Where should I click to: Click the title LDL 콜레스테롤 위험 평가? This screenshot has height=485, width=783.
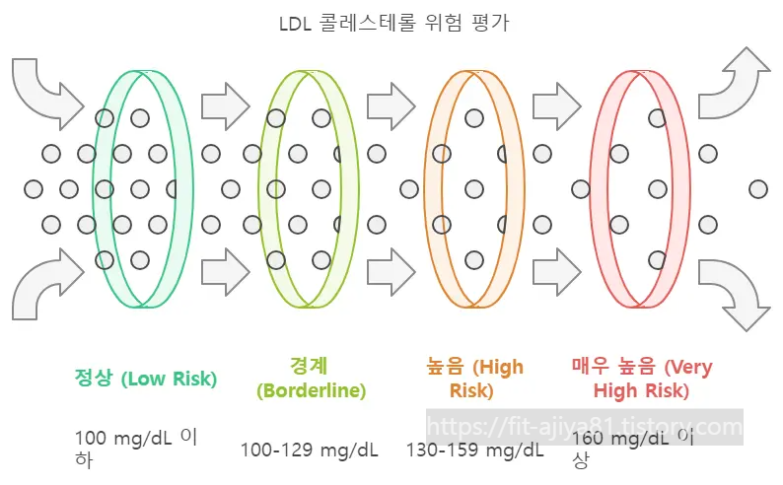click(392, 23)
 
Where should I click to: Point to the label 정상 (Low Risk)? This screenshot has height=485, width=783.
click(146, 378)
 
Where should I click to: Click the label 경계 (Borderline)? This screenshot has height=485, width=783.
click(311, 379)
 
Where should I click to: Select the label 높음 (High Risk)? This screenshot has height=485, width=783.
click(469, 379)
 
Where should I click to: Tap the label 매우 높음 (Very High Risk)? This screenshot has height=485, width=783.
click(641, 379)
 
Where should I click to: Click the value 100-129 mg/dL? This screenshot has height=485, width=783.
click(310, 450)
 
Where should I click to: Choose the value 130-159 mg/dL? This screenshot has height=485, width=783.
click(475, 450)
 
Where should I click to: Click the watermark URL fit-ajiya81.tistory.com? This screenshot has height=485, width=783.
click(586, 428)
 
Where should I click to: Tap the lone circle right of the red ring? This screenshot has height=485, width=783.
click(757, 188)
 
